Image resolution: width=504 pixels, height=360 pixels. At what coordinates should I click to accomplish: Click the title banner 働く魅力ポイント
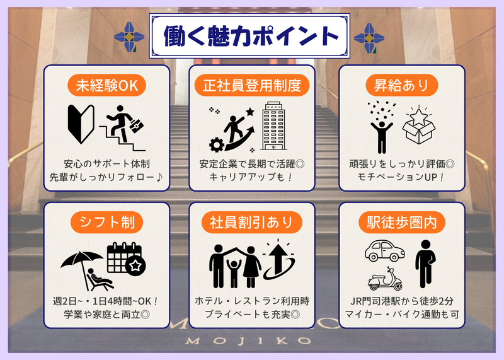(x=249, y=36)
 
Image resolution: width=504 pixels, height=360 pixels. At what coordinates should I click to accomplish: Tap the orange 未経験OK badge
(x=106, y=85)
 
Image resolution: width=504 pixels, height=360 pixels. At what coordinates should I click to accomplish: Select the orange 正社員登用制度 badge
(x=251, y=85)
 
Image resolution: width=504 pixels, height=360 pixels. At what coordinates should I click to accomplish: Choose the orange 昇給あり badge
(x=402, y=85)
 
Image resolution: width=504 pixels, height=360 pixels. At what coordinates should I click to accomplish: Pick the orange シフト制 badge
(x=106, y=223)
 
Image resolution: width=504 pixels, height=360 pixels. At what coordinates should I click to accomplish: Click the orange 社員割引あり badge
(x=251, y=223)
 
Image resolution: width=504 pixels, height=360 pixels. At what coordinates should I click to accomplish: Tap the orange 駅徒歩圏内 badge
(x=402, y=223)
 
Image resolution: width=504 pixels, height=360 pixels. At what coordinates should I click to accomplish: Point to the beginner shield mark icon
(x=81, y=124)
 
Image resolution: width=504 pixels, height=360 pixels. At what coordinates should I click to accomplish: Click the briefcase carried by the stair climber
(x=136, y=126)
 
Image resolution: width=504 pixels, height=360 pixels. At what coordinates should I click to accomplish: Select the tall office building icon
(x=273, y=126)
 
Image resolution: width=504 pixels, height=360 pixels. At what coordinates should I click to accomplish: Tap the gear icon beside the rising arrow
(x=217, y=144)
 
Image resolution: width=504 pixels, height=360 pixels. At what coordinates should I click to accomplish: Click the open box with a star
(x=418, y=125)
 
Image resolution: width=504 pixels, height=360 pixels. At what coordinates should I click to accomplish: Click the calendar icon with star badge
(x=126, y=258)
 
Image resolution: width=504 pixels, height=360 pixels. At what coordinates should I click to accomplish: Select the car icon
(x=385, y=250)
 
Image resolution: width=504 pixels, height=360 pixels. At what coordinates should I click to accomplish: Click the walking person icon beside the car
(x=425, y=264)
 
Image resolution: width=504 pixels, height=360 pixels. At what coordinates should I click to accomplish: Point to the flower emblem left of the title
(x=129, y=37)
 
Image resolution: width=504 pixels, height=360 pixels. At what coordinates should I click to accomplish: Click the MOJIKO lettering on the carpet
(x=248, y=340)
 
